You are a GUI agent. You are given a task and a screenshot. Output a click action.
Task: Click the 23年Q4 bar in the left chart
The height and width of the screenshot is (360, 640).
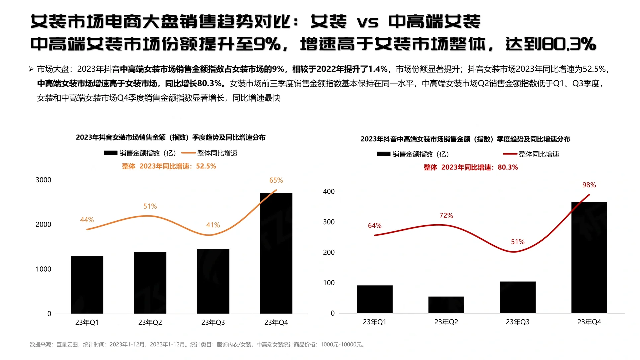pos(276,253)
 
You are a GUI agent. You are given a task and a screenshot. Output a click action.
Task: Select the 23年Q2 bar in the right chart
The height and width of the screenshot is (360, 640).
pos(446,305)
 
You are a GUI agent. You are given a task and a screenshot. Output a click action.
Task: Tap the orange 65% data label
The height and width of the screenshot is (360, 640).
pos(276,180)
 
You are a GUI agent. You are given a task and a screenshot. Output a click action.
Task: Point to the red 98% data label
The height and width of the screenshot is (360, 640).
pos(589,185)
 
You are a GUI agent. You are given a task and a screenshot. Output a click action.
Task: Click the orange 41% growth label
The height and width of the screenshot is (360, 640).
pos(213,225)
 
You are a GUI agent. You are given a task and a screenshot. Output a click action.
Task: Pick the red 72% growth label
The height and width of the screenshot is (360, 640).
pos(446,216)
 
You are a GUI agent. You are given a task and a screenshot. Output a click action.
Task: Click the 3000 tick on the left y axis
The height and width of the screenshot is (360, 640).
pos(43,180)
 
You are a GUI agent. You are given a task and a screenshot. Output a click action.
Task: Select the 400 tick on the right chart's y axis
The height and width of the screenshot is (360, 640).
pos(329,192)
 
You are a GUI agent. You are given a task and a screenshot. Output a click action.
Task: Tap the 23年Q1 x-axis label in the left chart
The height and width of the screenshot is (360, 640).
pos(87,322)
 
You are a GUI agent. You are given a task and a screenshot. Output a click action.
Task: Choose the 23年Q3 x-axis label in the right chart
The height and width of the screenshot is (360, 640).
pos(517,322)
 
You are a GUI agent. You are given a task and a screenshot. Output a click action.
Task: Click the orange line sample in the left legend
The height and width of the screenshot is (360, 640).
pos(188,153)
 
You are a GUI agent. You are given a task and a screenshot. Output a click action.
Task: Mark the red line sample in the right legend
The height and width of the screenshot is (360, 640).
pos(510,154)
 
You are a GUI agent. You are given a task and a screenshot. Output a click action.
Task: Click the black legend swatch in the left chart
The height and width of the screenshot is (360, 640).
pos(111,153)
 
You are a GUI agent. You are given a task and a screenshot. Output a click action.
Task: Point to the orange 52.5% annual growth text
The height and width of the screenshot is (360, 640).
pos(169,166)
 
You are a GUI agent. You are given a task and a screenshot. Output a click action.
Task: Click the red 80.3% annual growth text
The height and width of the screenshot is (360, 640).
pos(471,167)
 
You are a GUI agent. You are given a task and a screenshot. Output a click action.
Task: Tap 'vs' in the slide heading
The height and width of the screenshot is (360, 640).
pos(367,22)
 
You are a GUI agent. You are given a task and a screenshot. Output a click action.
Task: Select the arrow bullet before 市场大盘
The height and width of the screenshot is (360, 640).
pos(31,69)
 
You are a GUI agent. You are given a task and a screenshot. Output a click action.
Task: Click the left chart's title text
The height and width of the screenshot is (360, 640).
pos(171,137)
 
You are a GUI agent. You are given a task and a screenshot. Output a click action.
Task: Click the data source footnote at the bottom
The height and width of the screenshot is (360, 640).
pos(197,345)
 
